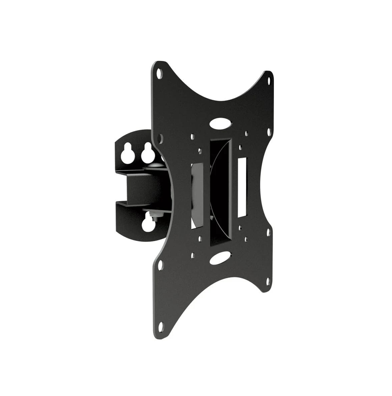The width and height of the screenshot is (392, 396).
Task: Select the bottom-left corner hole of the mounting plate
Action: (161, 325)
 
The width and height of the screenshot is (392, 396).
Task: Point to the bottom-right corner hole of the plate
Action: (268, 281)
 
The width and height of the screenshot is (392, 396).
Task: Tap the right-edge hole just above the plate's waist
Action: (269, 132)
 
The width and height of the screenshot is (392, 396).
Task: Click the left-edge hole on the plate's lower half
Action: (161, 265)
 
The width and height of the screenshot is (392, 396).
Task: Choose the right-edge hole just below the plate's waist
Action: (268, 232)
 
